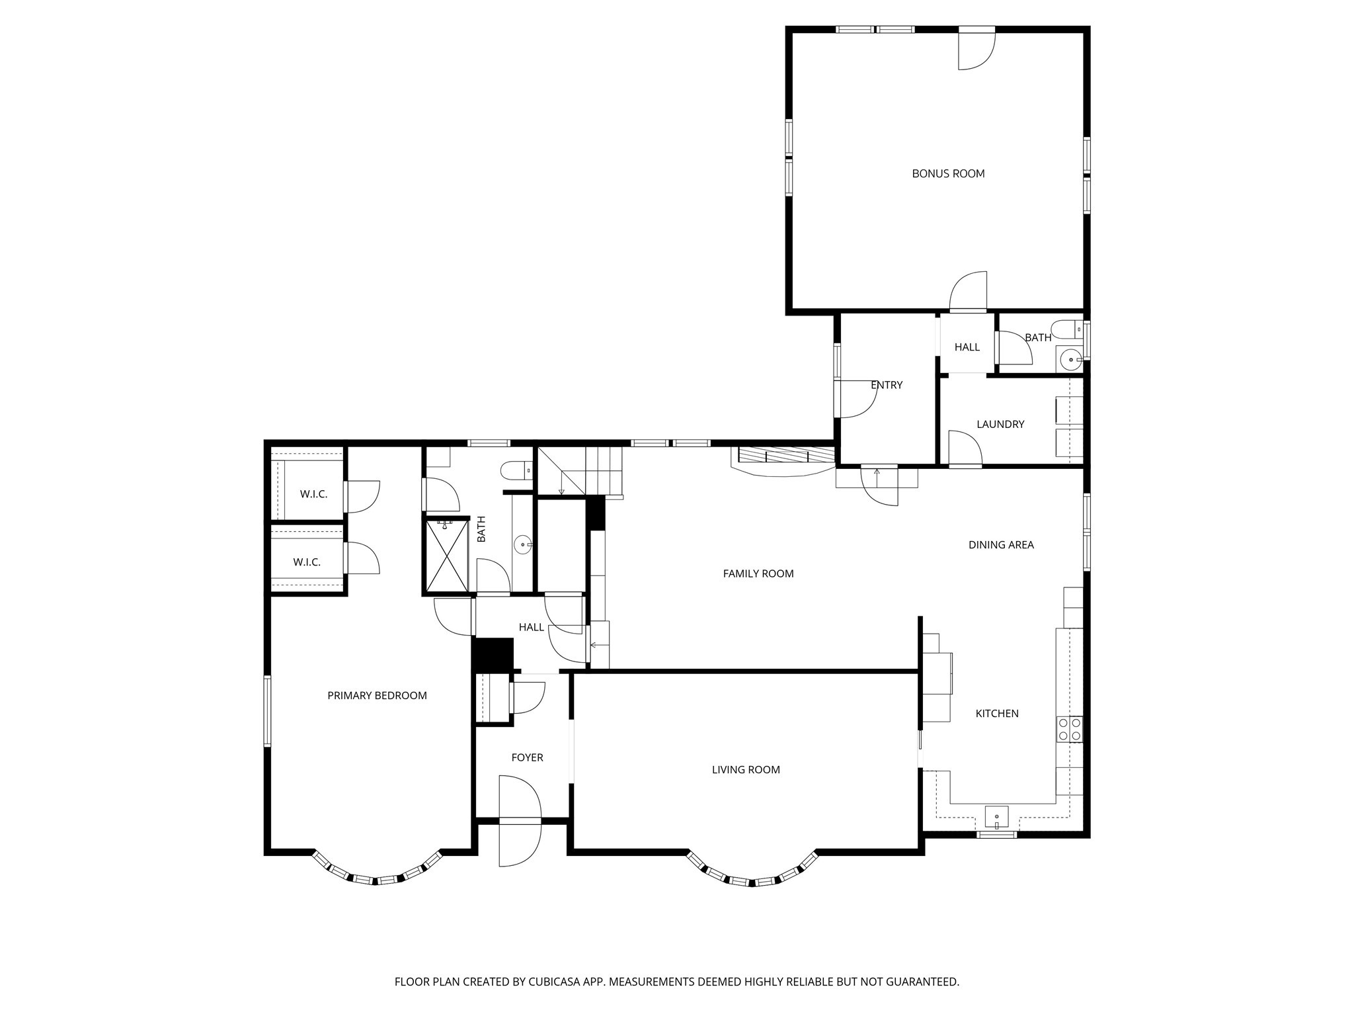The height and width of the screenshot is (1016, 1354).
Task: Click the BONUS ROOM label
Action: [x=948, y=174]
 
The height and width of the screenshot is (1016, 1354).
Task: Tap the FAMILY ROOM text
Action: [x=758, y=573]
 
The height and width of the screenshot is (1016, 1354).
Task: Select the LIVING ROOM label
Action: [x=746, y=770]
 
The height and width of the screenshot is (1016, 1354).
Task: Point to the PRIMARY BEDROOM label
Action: [x=377, y=696]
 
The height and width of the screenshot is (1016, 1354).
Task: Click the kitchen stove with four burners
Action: [x=1070, y=730]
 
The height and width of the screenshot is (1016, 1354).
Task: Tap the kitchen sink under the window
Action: [x=996, y=818]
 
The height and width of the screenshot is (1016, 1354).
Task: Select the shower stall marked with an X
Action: [x=446, y=556]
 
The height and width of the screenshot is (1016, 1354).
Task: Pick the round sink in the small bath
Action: [x=1069, y=360]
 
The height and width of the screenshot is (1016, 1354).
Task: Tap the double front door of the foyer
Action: [x=520, y=821]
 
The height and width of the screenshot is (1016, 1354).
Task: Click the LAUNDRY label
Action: [x=1000, y=425]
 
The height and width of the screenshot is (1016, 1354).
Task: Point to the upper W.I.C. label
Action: [x=313, y=494]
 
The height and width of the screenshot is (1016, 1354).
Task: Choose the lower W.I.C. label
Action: [x=307, y=562]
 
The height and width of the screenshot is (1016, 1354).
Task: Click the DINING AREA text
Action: [x=1001, y=545]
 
